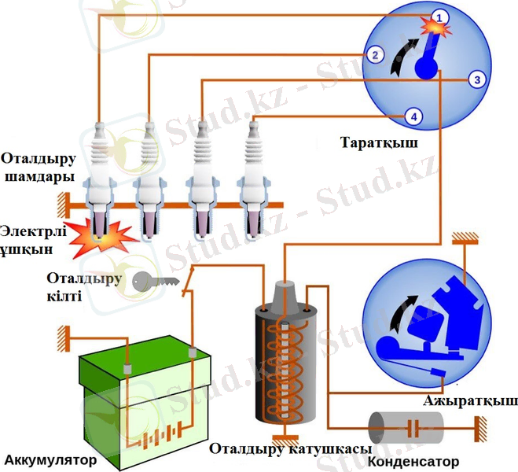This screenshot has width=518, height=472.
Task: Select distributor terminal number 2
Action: point(375,55)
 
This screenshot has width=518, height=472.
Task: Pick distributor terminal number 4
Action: point(414,116)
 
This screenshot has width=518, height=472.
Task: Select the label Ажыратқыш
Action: point(470,401)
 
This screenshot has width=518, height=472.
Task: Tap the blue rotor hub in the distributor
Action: point(425,69)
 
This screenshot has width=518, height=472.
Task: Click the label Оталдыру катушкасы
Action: point(290,449)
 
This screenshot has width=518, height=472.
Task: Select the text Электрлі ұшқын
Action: point(37,241)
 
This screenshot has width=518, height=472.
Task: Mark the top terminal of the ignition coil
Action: point(285,285)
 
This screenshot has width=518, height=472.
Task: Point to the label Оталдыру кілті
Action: point(84,287)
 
